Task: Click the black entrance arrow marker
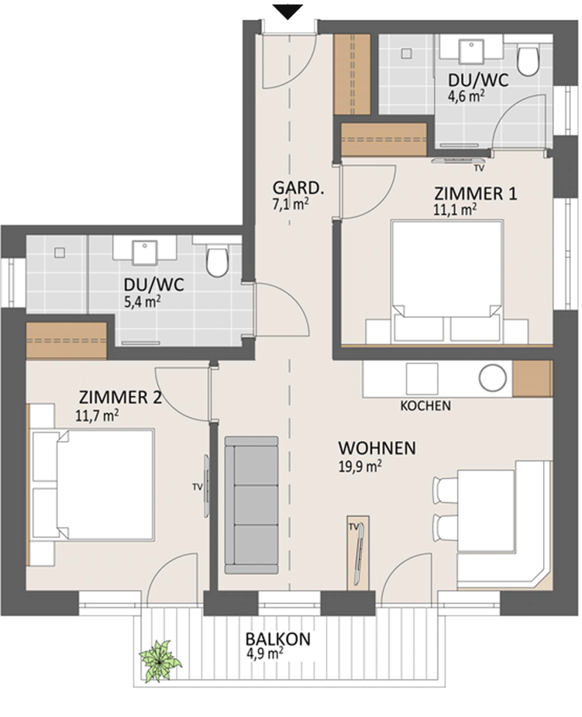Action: [x=288, y=12]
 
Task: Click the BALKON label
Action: [x=278, y=639]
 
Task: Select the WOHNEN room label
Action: [x=377, y=447]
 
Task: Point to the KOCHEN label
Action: [x=426, y=405]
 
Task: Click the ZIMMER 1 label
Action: [x=476, y=194]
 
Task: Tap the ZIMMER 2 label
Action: [x=120, y=398]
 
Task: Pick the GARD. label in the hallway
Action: [x=298, y=188]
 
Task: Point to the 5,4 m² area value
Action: [x=142, y=301]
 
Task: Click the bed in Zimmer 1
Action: [x=447, y=281]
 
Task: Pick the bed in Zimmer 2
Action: [x=93, y=485]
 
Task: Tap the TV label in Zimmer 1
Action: [x=479, y=169]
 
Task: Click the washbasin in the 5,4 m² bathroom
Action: [x=145, y=252]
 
